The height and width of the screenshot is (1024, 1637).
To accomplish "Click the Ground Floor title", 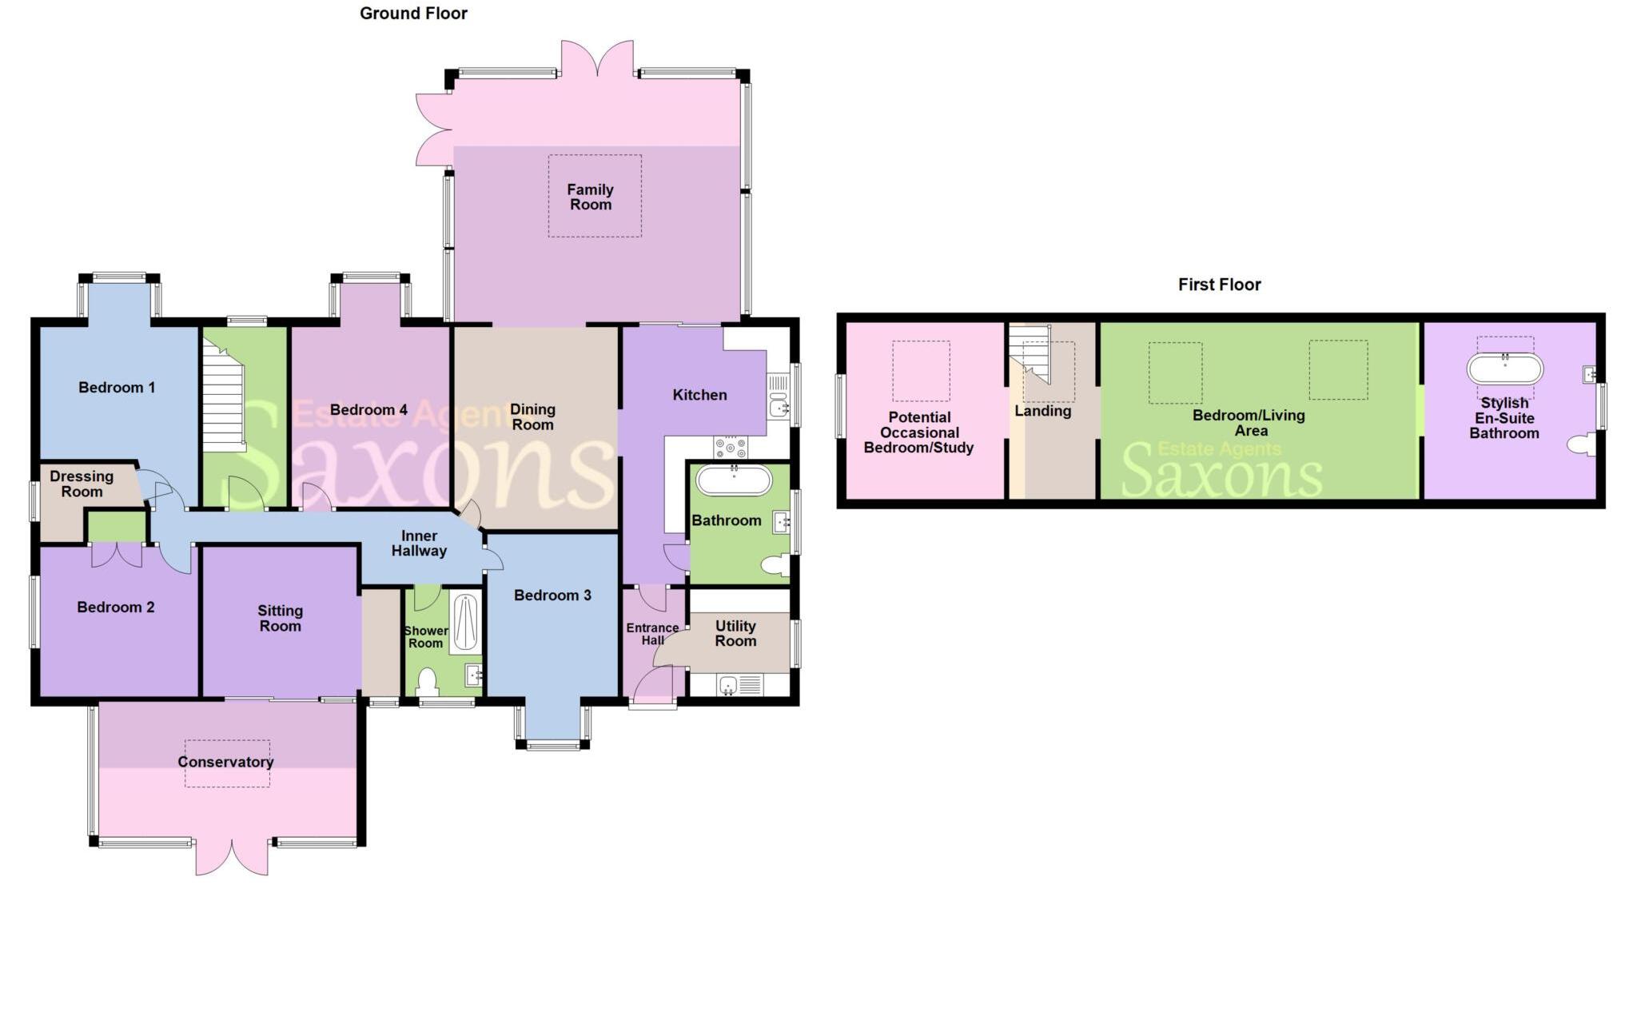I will pyautogui.click(x=413, y=14).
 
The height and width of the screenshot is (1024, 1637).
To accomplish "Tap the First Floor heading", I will pyautogui.click(x=1219, y=285).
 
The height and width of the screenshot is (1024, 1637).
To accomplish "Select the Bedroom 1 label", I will pyautogui.click(x=117, y=388).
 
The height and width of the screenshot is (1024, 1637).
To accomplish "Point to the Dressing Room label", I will pyautogui.click(x=82, y=484).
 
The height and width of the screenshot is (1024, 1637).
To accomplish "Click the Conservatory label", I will pyautogui.click(x=225, y=762).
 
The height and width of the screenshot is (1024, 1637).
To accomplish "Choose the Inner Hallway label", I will pyautogui.click(x=419, y=544).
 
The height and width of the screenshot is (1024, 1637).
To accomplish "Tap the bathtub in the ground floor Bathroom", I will pyautogui.click(x=734, y=480).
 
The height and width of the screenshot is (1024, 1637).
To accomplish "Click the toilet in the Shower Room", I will pyautogui.click(x=428, y=681).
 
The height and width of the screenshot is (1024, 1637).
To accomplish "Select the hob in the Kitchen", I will pyautogui.click(x=731, y=446).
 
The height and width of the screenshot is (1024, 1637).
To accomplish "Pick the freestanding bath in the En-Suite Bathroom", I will pyautogui.click(x=1504, y=369).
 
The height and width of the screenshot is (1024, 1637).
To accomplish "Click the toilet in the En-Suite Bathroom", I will pyautogui.click(x=1580, y=444).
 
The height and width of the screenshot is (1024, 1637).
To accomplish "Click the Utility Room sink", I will pyautogui.click(x=728, y=685).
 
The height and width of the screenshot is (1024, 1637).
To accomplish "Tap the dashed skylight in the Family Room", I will pyautogui.click(x=595, y=196).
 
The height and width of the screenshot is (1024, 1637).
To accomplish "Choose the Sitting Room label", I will pyautogui.click(x=280, y=618).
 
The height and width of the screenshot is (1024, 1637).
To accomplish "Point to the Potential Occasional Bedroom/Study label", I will pyautogui.click(x=919, y=432).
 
